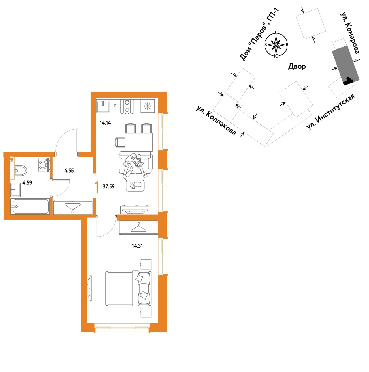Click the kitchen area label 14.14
pos(105,123)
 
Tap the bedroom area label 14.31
pos(137,246)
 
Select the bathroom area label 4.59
pos(27,183)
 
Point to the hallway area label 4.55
pos(69,171)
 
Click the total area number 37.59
pos(109,186)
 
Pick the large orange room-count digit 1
pos(97,187)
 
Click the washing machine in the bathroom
pos(44,165)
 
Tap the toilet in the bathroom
pos(20,171)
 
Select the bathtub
pos(30,207)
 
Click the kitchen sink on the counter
pos(103,106)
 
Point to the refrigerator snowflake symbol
pos(148,106)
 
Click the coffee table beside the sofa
pos(135,186)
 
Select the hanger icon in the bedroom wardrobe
pos(138,227)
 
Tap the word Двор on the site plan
pos(297,66)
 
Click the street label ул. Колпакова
pos(216,120)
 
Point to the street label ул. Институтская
pos(330,112)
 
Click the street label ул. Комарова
pos(350,33)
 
